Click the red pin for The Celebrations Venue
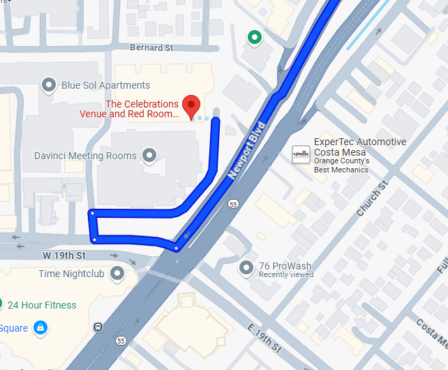point(191,107)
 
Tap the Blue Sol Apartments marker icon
point(49,85)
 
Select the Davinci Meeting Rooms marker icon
point(149,155)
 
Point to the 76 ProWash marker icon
point(246,267)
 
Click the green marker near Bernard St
point(255,37)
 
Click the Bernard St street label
point(151,48)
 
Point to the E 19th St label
point(264,337)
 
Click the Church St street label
point(371,199)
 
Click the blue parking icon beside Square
point(41,327)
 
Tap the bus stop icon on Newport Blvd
point(98,327)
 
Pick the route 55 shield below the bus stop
point(121,341)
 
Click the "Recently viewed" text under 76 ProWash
point(285,275)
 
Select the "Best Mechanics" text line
point(341,170)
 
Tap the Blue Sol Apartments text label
point(105,85)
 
